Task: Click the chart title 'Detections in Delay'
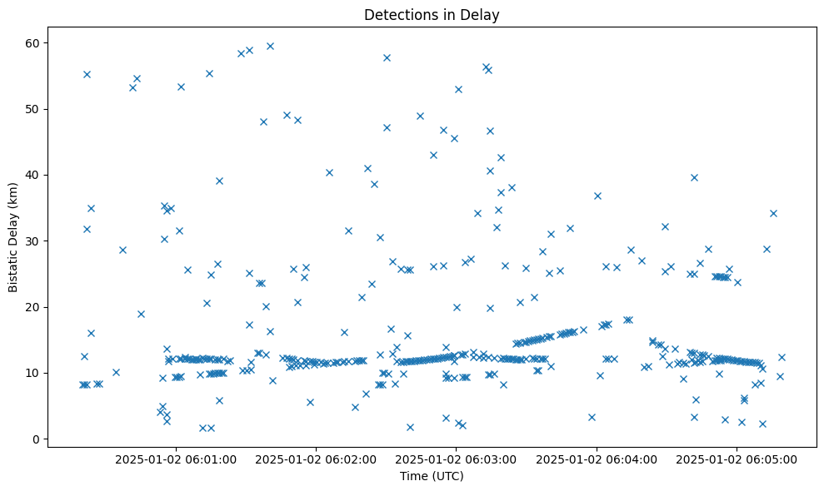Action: [432, 14]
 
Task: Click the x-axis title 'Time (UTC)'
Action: [432, 477]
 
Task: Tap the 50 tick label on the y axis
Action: [36, 109]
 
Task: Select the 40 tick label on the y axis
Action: [36, 175]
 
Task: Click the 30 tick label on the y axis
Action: [36, 241]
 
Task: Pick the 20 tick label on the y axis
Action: [36, 307]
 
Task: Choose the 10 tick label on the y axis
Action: [36, 373]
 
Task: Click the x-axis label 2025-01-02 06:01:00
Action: [176, 459]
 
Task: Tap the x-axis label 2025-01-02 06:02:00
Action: [316, 459]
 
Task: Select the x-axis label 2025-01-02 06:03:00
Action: [456, 459]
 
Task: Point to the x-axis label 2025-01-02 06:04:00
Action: [597, 459]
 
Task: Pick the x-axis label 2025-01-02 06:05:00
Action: [737, 459]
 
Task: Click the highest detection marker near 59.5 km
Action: [270, 46]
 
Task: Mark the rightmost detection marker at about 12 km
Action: [782, 357]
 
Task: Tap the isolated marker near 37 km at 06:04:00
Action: [597, 196]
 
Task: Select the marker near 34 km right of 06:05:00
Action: [773, 213]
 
